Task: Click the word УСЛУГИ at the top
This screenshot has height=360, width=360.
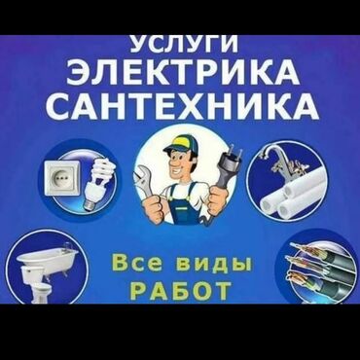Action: pos(184,44)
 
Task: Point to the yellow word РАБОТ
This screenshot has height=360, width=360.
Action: pos(182,289)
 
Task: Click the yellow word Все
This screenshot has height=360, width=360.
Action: pos(137,263)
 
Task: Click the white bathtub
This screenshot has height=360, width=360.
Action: pos(48,256)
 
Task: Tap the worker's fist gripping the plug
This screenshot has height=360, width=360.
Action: pos(218,199)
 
